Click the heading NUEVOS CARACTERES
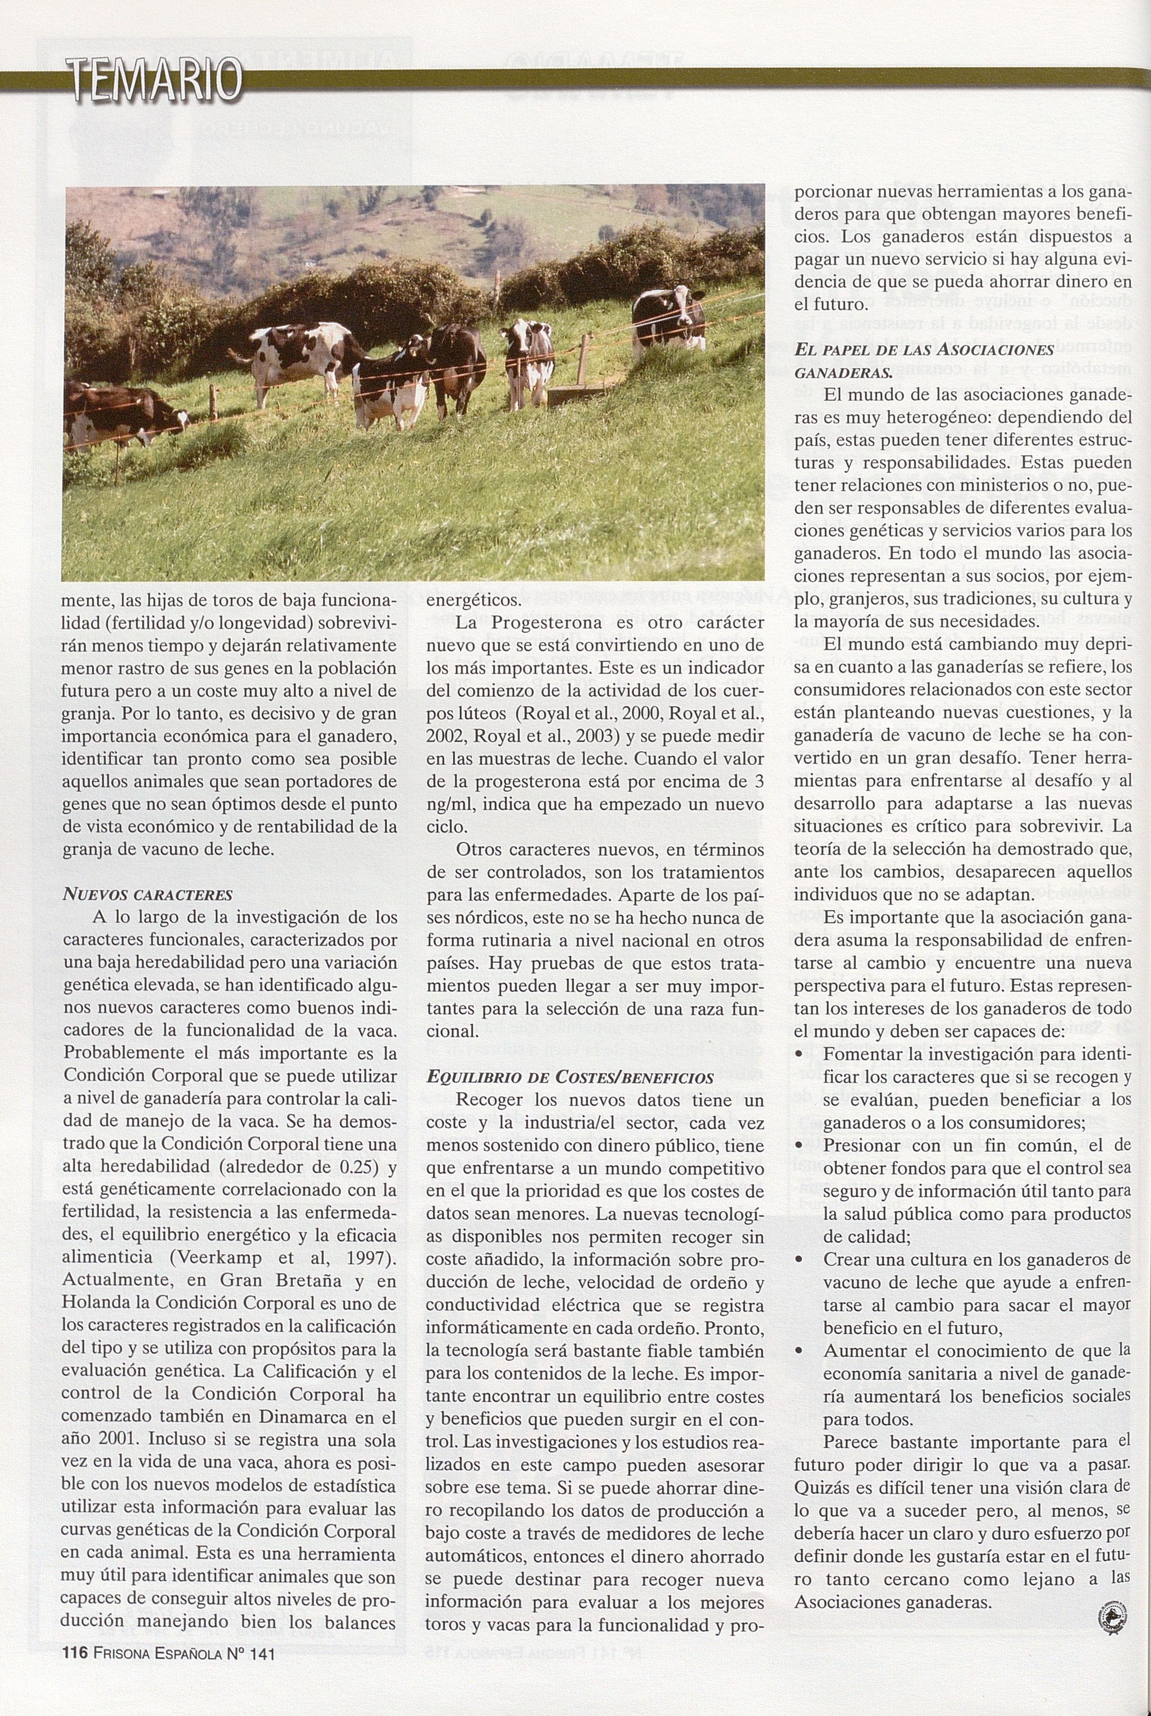point(148,895)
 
